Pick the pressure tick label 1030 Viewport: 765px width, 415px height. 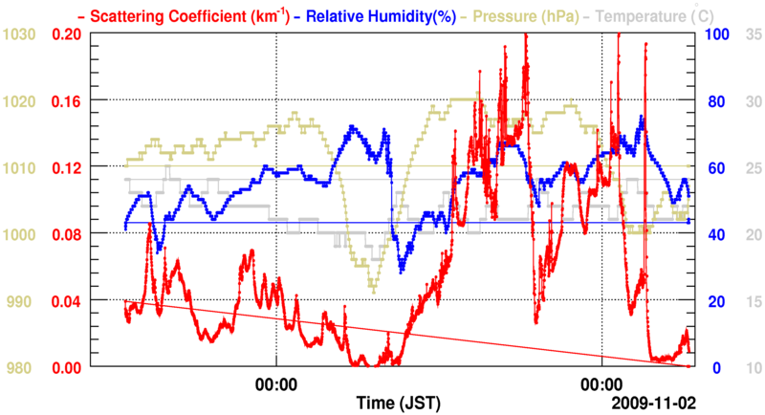[x=20, y=33]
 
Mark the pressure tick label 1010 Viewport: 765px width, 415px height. [x=20, y=167]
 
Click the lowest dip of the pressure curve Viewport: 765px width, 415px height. [x=373, y=292]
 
